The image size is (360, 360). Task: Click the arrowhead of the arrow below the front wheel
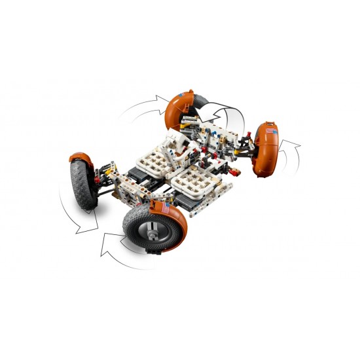105,247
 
